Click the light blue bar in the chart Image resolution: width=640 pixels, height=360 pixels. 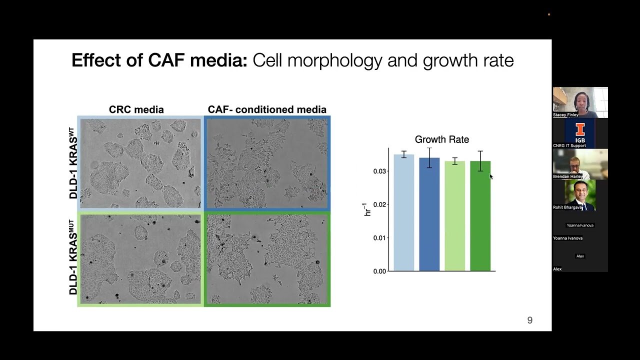(x=403, y=215)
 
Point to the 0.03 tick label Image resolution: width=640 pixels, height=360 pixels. (x=379, y=171)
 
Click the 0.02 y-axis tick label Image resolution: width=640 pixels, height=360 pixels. (x=379, y=204)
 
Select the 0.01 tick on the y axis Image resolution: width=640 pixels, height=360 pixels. (x=379, y=238)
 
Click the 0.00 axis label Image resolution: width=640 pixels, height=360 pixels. (x=379, y=271)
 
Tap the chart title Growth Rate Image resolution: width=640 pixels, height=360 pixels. (x=441, y=139)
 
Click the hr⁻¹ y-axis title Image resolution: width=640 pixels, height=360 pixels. (x=367, y=209)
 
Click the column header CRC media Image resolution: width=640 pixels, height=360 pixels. (x=136, y=109)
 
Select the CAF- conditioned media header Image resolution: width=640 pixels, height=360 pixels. (x=267, y=109)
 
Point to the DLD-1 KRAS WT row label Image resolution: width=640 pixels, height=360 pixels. (x=73, y=163)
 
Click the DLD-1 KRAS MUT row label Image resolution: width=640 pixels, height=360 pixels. (x=73, y=257)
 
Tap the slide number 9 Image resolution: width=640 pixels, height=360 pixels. (x=530, y=320)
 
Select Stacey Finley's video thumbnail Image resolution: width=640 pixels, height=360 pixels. (x=580, y=102)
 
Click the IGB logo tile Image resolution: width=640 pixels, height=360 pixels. (x=580, y=132)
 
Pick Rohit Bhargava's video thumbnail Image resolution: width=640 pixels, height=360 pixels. (x=580, y=194)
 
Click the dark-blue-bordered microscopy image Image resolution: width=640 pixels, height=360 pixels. (x=267, y=163)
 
